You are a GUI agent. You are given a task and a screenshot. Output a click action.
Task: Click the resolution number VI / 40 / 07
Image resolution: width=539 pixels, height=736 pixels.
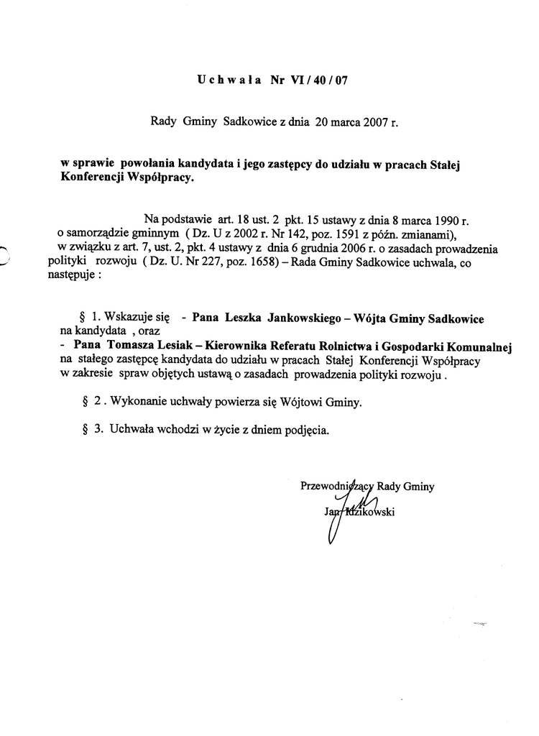(318, 80)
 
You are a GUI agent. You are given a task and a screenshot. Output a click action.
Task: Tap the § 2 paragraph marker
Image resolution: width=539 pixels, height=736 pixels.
(91, 403)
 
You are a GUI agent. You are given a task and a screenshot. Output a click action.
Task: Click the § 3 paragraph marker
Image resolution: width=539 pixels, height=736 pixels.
(91, 431)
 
